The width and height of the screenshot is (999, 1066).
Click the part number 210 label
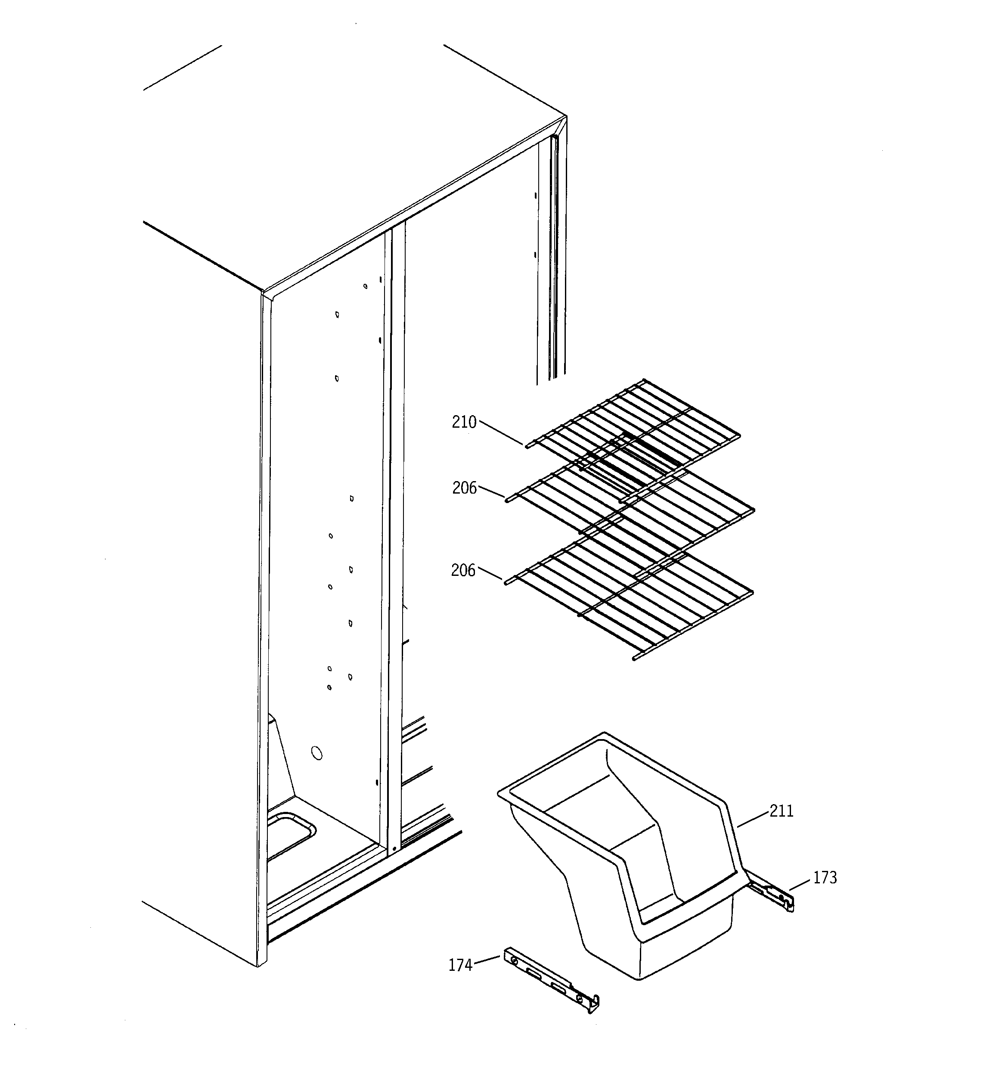click(x=464, y=423)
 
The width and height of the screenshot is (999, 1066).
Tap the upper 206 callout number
click(x=464, y=488)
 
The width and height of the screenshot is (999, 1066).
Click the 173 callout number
click(x=825, y=878)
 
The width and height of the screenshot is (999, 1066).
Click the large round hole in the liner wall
click(x=317, y=754)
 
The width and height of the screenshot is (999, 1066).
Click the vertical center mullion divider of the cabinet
click(x=396, y=536)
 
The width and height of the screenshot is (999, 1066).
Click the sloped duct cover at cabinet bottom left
click(x=282, y=761)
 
